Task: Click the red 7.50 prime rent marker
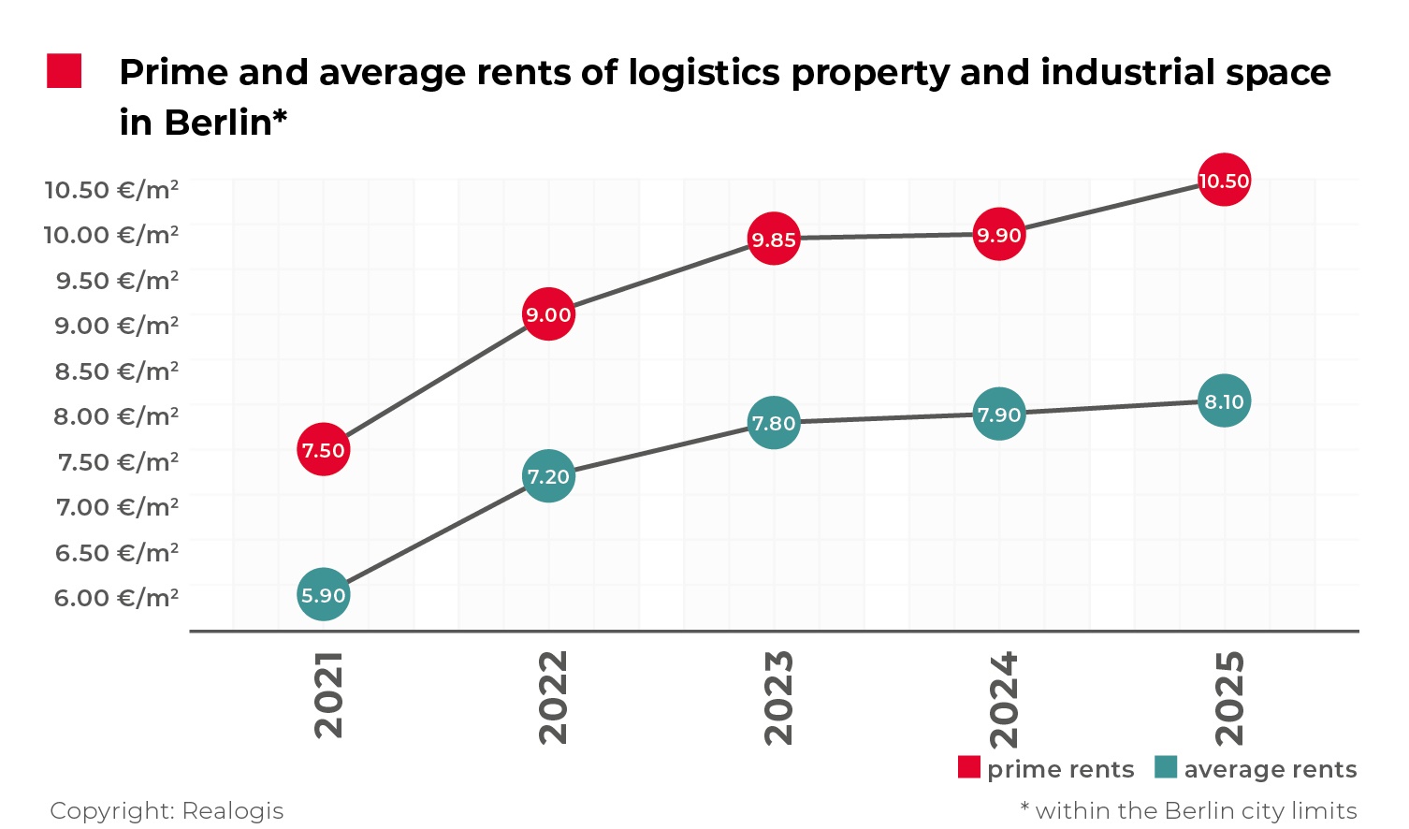tap(323, 450)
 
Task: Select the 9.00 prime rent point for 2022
tap(548, 314)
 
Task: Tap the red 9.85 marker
tap(774, 240)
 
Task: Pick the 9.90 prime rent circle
tap(999, 235)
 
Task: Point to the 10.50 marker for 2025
tap(1224, 181)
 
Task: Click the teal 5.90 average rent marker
tap(323, 595)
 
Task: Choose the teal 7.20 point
tap(548, 476)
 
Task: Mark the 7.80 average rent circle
tap(774, 423)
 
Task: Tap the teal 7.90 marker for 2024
tap(999, 414)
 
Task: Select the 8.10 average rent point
tap(1224, 401)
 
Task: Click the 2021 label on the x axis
tap(329, 694)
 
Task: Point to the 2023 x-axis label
tap(779, 697)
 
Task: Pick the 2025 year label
tap(1229, 698)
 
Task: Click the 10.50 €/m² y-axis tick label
tap(111, 190)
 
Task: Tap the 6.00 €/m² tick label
tap(116, 598)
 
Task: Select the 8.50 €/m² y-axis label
tap(116, 371)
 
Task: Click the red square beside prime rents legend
tap(969, 767)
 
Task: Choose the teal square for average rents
tap(1166, 767)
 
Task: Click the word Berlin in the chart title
tap(217, 123)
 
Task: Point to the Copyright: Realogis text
tap(167, 810)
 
